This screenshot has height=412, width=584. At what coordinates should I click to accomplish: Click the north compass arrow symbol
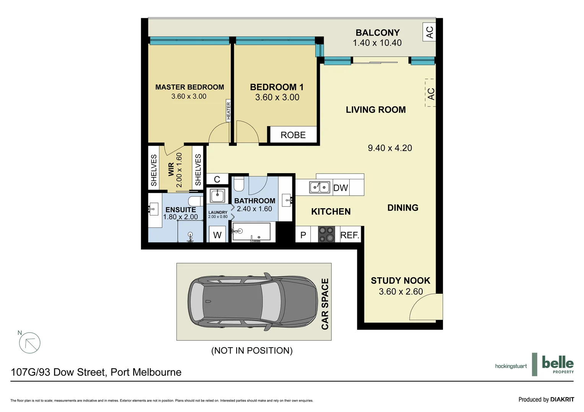point(29,343)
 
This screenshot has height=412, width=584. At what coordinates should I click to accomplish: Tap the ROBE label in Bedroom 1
point(293,135)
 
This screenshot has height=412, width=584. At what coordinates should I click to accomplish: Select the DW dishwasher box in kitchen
point(341,188)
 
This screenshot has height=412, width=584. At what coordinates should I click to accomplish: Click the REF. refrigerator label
point(350,235)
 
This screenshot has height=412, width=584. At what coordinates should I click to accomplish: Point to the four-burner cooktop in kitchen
point(326,234)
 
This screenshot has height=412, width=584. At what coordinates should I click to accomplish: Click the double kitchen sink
point(320,187)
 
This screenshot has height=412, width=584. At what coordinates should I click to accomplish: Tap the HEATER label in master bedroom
point(229,111)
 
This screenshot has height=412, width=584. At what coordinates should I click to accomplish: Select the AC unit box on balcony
point(430,32)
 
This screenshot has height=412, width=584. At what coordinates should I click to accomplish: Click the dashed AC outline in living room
point(430,93)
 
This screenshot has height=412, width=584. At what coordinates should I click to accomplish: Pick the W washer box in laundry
point(217,235)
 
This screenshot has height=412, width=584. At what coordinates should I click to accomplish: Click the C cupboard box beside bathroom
point(217,179)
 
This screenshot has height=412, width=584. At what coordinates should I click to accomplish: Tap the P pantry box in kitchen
point(303,235)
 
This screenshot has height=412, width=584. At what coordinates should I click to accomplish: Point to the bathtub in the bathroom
point(251,232)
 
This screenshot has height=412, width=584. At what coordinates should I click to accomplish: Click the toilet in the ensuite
point(195,201)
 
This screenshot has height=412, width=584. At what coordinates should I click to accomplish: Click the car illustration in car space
point(252,301)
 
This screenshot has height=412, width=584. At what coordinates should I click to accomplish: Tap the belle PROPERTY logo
point(557,364)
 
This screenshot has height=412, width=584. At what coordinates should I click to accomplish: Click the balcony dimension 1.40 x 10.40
point(377,43)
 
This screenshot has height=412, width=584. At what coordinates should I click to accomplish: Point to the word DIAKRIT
point(562,399)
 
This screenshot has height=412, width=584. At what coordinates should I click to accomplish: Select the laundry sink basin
point(217,196)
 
